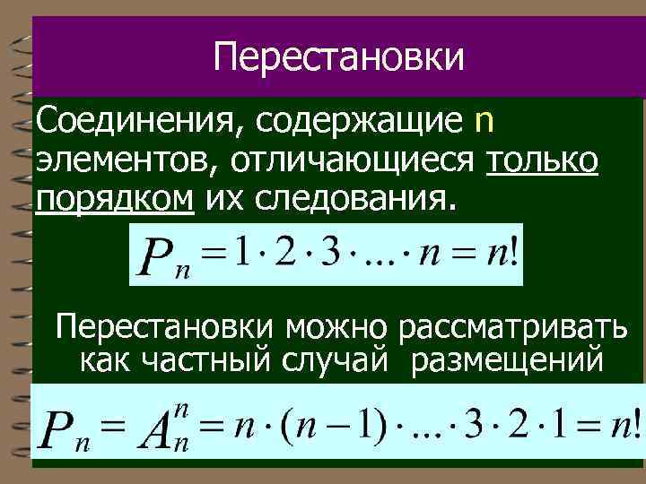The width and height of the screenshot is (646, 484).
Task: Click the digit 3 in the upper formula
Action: pyautogui.click(x=335, y=255)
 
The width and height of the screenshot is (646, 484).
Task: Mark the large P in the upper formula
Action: pyautogui.click(x=152, y=260)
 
